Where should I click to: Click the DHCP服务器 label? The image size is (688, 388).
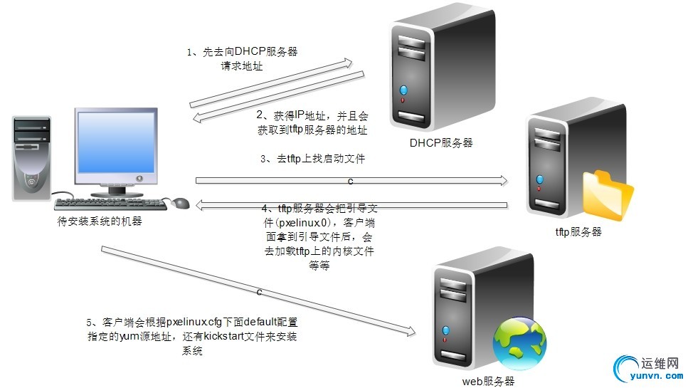click(x=441, y=143)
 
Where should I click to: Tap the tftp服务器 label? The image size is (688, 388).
click(x=578, y=231)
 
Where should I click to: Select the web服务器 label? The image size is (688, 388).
click(x=487, y=382)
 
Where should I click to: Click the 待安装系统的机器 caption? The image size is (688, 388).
click(x=100, y=221)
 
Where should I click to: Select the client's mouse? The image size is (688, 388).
click(x=181, y=204)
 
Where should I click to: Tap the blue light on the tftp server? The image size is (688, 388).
click(x=541, y=179)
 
